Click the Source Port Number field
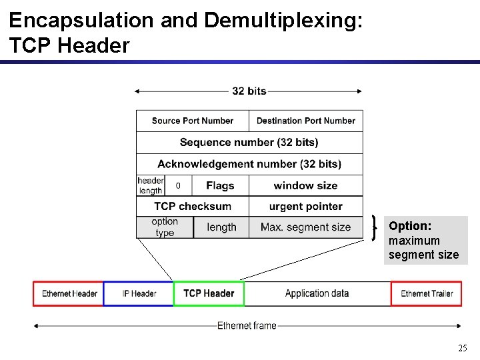click(x=192, y=121)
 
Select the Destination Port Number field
click(x=306, y=121)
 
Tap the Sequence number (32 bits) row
click(x=249, y=143)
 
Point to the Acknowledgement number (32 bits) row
click(x=249, y=164)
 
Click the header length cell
click(x=150, y=185)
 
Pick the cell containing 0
click(x=178, y=185)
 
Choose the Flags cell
click(x=220, y=185)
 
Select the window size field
click(x=306, y=185)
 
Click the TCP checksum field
click(x=192, y=206)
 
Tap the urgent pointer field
click(x=306, y=206)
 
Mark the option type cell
click(x=165, y=227)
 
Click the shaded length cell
click(x=221, y=227)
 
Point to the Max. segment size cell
click(x=306, y=227)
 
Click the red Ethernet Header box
click(x=69, y=293)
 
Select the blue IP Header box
click(x=139, y=293)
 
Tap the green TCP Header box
click(x=209, y=293)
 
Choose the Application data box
click(x=317, y=293)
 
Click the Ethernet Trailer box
click(x=426, y=293)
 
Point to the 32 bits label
click(x=249, y=91)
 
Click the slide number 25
click(x=463, y=348)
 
